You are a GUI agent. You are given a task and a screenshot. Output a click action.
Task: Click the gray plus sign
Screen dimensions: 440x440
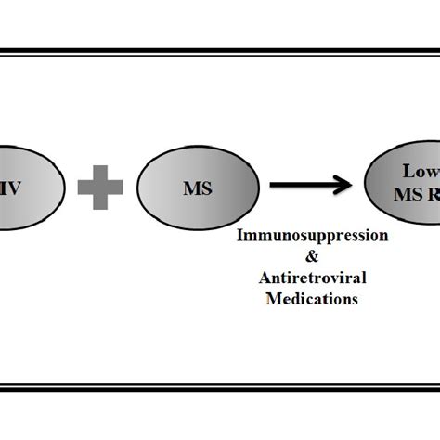100,188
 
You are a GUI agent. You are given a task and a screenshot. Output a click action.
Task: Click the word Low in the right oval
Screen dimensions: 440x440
419,172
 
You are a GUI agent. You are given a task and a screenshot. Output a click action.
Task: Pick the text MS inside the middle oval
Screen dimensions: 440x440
197,188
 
